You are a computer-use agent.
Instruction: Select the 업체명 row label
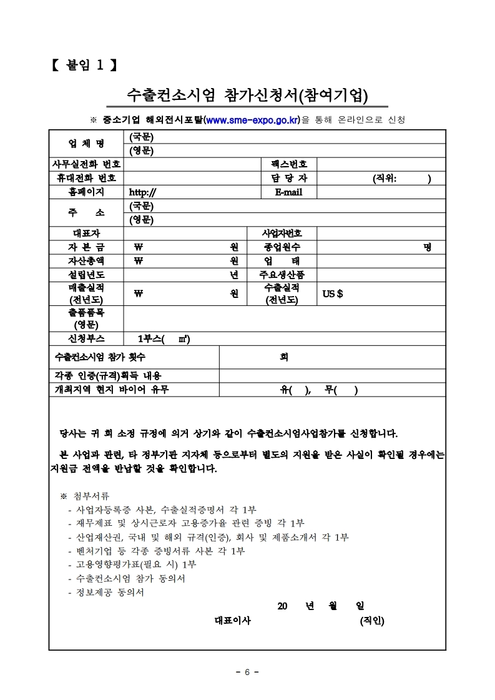tap(86, 144)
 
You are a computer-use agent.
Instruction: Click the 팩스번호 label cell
tap(289, 164)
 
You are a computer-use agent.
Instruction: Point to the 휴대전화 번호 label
tap(86, 178)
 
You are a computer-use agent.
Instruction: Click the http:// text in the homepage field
tap(142, 192)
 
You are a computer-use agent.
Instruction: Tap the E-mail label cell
tap(288, 192)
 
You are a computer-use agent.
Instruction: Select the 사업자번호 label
tap(282, 233)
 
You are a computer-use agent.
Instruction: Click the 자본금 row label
tap(86, 247)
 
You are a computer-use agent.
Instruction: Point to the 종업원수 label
tap(282, 247)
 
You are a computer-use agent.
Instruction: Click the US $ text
tap(332, 293)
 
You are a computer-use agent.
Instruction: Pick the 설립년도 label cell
tap(86, 274)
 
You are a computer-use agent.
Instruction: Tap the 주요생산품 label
tap(282, 274)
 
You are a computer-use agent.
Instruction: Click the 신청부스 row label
tap(86, 339)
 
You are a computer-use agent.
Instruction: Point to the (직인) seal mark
tap(372, 621)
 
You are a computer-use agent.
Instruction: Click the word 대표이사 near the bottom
tap(232, 621)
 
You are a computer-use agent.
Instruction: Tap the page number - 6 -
tap(247, 672)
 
